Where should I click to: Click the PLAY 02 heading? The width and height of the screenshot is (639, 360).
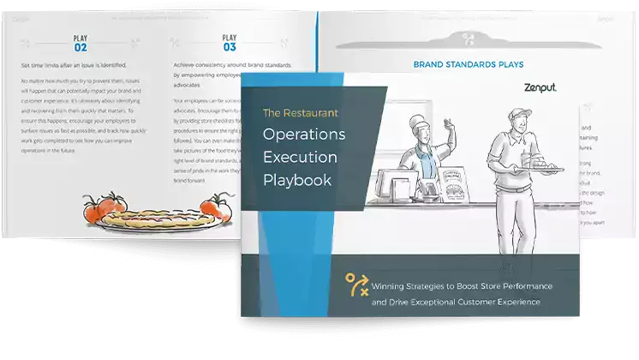pos(80,43)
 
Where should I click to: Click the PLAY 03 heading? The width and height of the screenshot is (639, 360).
pos(229,43)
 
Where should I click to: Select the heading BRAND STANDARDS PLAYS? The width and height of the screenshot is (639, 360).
pos(469,64)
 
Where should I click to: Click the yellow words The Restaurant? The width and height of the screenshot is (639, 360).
pos(300,111)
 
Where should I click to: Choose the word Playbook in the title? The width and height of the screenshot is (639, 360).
pos(298,182)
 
